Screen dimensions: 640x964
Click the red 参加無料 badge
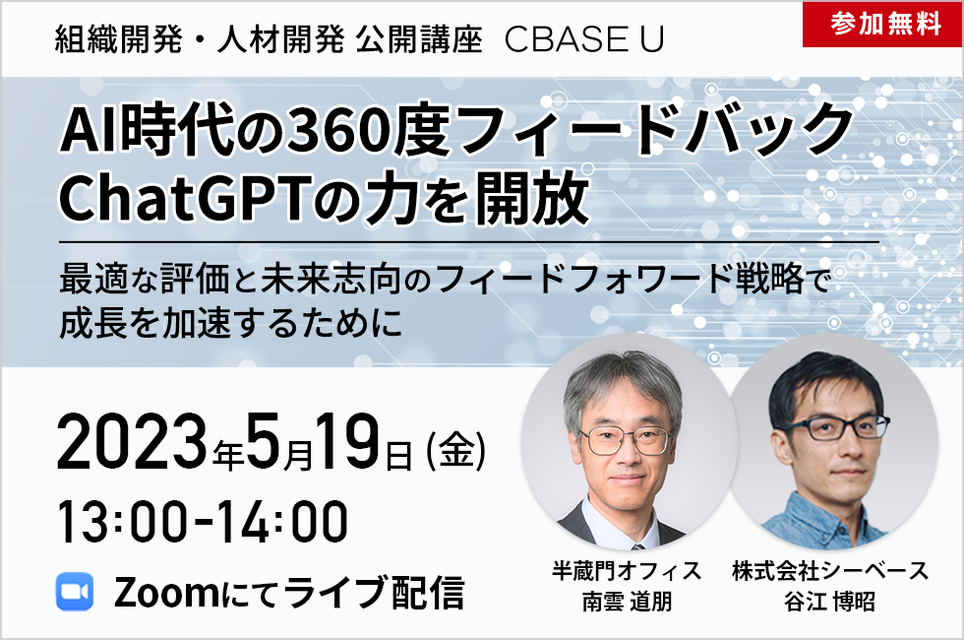[882, 25]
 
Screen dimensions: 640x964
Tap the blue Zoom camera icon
[75, 591]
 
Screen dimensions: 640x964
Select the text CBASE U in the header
[584, 40]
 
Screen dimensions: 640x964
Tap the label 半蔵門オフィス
[627, 571]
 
